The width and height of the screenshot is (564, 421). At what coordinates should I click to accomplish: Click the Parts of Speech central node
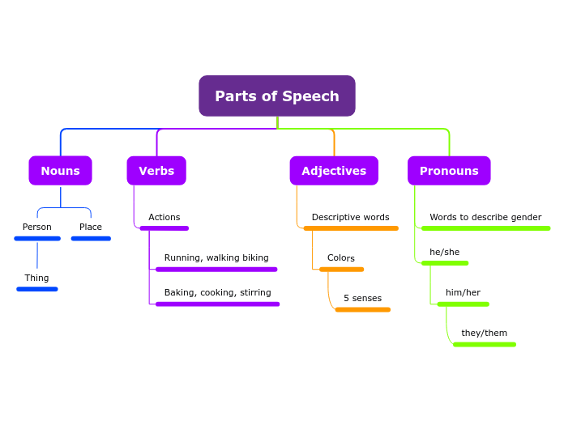276,96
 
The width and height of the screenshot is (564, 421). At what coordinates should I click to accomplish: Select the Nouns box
60,171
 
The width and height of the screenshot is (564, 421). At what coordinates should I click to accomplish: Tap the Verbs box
156,171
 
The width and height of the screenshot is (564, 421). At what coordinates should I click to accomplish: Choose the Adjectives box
334,171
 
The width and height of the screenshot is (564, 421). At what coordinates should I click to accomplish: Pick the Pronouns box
449,171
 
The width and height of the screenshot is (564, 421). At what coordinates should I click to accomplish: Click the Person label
37,227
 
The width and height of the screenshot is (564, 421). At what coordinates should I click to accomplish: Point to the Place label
91,227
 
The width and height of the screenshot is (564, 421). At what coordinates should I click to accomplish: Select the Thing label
36,278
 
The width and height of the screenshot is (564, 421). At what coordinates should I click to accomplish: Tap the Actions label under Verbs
164,217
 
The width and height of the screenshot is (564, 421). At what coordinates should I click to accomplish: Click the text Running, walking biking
216,257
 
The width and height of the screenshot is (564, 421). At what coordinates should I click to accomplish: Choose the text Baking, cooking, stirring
217,292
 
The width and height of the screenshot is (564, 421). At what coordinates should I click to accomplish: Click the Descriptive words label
350,217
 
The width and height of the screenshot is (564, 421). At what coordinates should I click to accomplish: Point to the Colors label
341,257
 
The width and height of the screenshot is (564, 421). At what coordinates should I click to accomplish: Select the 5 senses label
362,298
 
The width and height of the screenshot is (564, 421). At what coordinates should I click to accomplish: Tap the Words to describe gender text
485,217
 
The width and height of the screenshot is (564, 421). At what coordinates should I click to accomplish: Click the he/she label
444,252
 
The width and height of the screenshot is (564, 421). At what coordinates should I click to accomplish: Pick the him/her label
463,292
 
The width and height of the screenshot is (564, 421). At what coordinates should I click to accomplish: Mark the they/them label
484,333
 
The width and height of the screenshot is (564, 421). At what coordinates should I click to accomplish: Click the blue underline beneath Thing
37,289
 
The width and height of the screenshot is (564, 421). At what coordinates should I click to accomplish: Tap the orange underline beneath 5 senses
362,309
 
